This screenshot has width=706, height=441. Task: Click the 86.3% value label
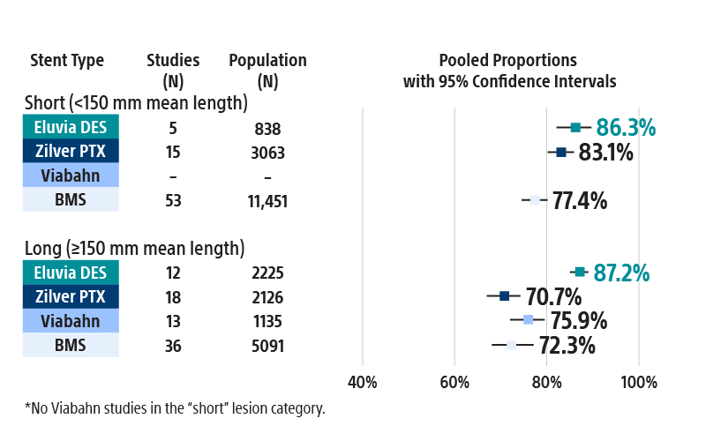(x=626, y=128)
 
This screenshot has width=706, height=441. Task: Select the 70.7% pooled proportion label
(x=553, y=296)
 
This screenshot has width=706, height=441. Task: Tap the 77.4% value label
(x=580, y=201)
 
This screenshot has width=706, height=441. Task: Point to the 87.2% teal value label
(x=621, y=273)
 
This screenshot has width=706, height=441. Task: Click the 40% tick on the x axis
(x=363, y=383)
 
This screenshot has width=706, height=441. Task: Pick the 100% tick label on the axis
(x=639, y=383)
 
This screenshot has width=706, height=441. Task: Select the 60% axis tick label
(x=454, y=383)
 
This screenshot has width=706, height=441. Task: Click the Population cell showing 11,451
(x=267, y=201)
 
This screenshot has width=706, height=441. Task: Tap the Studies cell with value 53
(x=173, y=201)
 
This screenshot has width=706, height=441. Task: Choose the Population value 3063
(x=267, y=153)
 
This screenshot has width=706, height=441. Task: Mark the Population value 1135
(x=267, y=321)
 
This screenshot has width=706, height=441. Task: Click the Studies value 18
(x=173, y=297)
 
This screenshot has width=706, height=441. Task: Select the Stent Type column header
(x=67, y=61)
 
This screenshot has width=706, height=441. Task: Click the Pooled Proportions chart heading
(x=508, y=71)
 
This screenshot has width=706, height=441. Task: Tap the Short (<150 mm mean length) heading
(x=136, y=103)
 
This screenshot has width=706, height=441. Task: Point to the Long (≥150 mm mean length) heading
(x=134, y=249)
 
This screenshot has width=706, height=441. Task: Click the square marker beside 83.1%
(x=561, y=152)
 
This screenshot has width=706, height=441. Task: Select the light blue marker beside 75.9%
(x=528, y=319)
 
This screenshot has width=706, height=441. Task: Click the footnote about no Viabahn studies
(x=175, y=408)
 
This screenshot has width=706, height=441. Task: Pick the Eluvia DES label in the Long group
(x=71, y=273)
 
